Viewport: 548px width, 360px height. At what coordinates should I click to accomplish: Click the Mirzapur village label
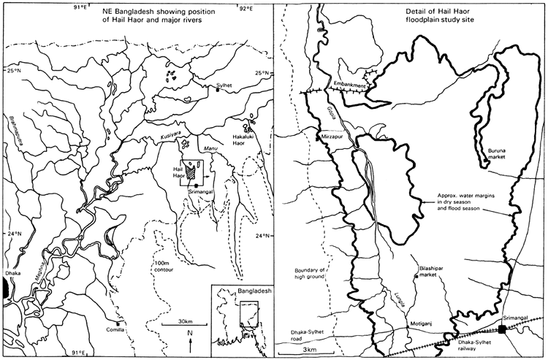334,136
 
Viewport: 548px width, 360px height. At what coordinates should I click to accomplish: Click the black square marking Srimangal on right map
502,329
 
